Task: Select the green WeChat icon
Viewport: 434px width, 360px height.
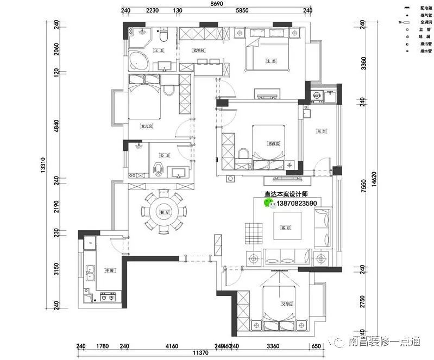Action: pyautogui.click(x=269, y=203)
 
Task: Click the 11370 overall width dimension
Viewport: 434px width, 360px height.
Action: pyautogui.click(x=201, y=353)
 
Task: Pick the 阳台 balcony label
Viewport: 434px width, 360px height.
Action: pyautogui.click(x=321, y=131)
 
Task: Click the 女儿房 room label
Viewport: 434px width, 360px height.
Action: pyautogui.click(x=146, y=127)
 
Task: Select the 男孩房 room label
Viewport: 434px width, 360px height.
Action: pyautogui.click(x=273, y=144)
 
